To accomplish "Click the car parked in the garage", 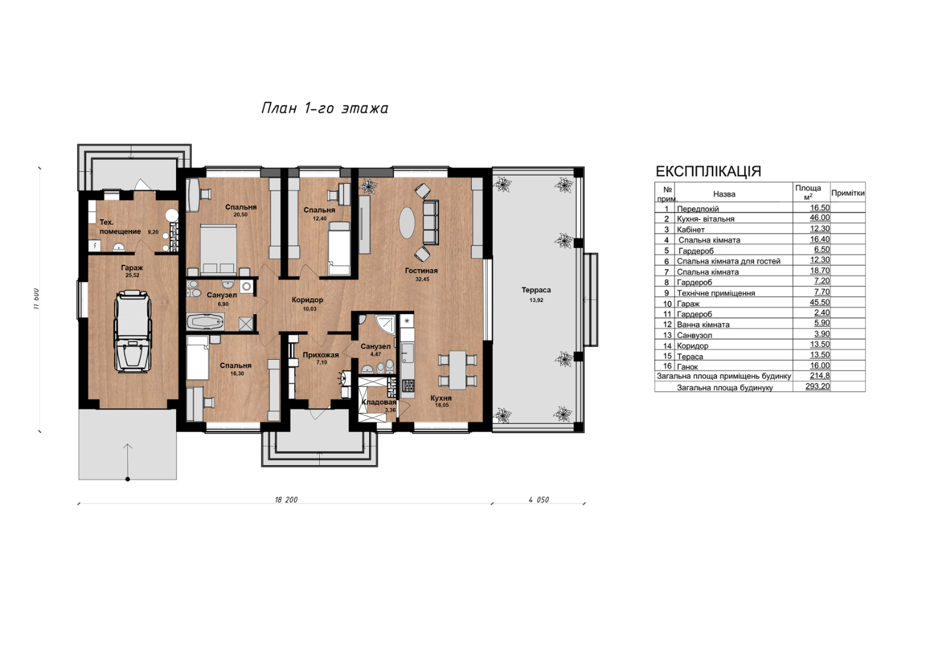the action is coord(132,331).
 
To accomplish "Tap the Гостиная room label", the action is coord(421,271).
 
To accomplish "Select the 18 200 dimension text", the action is coord(286,500).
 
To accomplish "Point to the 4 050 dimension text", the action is coord(538,500).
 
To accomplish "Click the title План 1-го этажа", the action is coord(325,108).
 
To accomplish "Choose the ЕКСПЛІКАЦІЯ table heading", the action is coord(708,171).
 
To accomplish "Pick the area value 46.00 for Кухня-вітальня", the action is coord(820,217).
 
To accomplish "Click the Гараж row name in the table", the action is coord(688,304).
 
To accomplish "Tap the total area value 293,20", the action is coord(817,387).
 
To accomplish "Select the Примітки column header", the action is coord(848,193).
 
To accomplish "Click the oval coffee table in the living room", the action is coord(407,222).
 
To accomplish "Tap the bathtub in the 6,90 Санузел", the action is coord(205,322).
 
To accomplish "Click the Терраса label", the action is coord(536,290).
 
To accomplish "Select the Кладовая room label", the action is coord(379,402).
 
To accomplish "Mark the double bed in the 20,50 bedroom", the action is coord(218,250).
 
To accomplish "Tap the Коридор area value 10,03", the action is coord(310,309).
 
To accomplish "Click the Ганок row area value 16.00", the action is coord(820,365).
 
